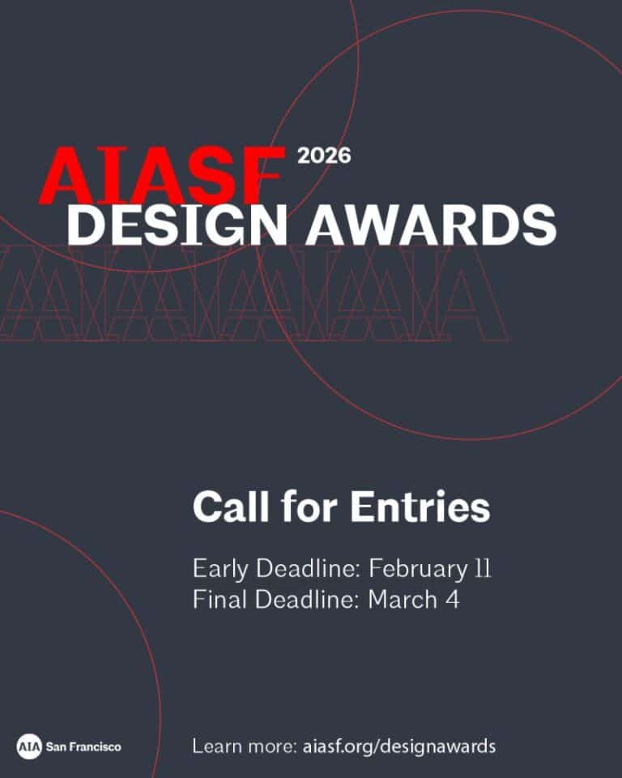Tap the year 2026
coord(325,154)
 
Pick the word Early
coord(221,569)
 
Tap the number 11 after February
coord(482,568)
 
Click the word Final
coord(219,601)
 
